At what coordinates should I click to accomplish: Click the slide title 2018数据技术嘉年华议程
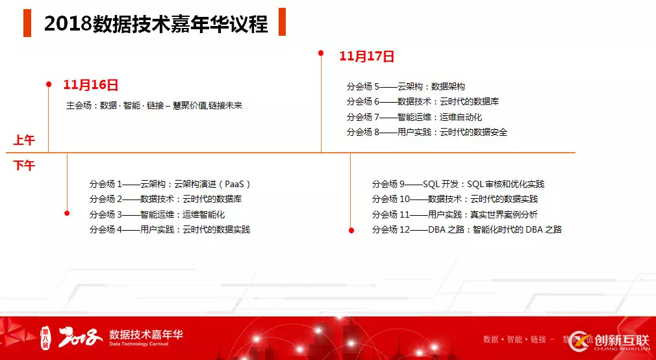tap(156, 23)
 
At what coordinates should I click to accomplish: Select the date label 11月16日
tap(90, 84)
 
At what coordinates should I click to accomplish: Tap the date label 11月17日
tap(367, 57)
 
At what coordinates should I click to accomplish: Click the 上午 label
tap(24, 140)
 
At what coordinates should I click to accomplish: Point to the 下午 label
tap(24, 166)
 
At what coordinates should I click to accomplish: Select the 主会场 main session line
tap(154, 105)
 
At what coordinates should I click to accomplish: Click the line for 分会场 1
tap(170, 184)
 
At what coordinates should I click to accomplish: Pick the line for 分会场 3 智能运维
tap(157, 214)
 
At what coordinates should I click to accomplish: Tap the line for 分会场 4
tap(170, 229)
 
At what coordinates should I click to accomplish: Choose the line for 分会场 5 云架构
tap(406, 86)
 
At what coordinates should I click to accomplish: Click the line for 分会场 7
tap(414, 117)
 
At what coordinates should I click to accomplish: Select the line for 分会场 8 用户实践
tap(427, 132)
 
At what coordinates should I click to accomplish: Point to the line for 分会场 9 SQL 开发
tap(458, 184)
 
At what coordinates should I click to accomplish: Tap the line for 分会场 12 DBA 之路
tap(466, 229)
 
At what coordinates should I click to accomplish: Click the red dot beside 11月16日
tap(49, 84)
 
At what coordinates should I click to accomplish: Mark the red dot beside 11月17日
tap(321, 53)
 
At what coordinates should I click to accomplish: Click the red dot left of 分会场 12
tap(351, 229)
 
